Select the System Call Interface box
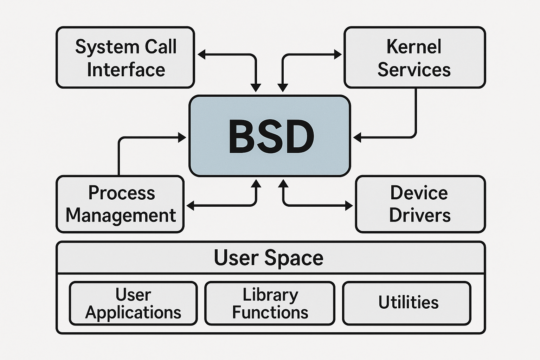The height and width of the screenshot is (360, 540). (125, 57)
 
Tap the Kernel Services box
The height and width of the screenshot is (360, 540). (414, 57)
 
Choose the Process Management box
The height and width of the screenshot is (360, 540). (120, 204)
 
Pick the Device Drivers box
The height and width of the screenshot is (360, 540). (420, 204)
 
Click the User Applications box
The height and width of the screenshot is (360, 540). (133, 303)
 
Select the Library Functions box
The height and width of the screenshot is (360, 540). (270, 303)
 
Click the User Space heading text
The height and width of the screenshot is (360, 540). (269, 258)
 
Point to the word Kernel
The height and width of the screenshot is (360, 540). (414, 47)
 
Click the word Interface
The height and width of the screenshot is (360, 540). (126, 70)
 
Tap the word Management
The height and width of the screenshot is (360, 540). (121, 215)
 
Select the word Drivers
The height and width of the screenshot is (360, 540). (420, 215)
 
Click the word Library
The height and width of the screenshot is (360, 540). (270, 295)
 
